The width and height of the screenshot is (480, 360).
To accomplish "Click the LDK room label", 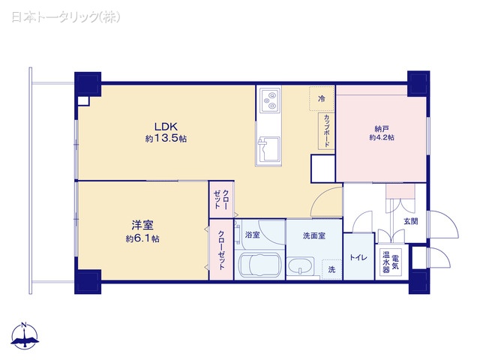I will pyautogui.click(x=166, y=126).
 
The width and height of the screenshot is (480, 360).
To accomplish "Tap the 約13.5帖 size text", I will pyautogui.click(x=166, y=139).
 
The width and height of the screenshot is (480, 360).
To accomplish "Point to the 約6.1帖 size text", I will pyautogui.click(x=142, y=238).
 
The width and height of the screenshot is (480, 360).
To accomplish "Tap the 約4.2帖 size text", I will pyautogui.click(x=381, y=138).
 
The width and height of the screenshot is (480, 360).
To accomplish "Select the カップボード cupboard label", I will pyautogui.click(x=327, y=130).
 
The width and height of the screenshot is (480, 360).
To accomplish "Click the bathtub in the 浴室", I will pyautogui.click(x=258, y=265).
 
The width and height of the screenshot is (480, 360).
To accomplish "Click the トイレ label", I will pyautogui.click(x=358, y=258).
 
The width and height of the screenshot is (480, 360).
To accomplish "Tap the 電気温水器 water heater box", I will pyautogui.click(x=391, y=262).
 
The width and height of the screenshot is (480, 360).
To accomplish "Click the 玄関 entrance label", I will pyautogui.click(x=410, y=221).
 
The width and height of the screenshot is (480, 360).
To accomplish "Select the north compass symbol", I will pyautogui.click(x=25, y=337).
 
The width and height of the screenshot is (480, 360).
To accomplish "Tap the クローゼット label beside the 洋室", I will pyautogui.click(x=221, y=247).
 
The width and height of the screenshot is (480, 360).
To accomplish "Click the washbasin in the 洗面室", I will pyautogui.click(x=304, y=266).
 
